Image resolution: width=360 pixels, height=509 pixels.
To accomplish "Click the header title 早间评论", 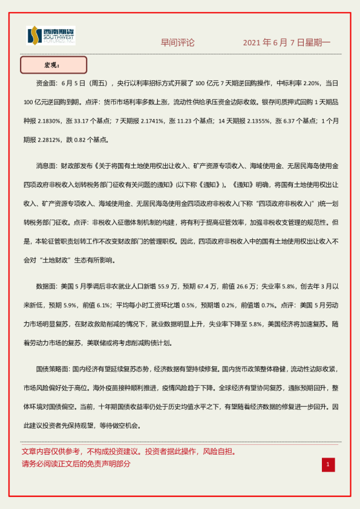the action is [177, 43].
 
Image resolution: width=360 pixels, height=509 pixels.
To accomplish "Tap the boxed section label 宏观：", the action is [53, 65].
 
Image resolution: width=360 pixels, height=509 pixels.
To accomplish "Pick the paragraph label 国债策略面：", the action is [54, 369].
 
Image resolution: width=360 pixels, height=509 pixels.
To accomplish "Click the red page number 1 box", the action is [327, 464].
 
